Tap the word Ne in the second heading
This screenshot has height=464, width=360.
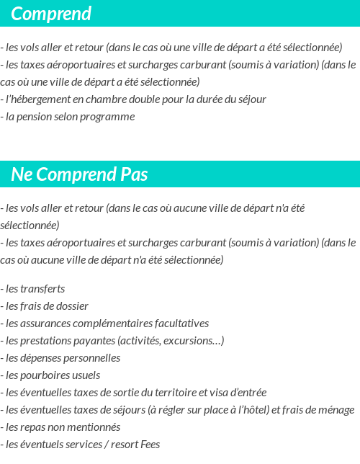coord(20,174)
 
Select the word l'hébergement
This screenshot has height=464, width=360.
coord(37,99)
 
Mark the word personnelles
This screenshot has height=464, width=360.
coord(89,358)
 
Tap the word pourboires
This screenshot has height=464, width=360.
coord(48,375)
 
